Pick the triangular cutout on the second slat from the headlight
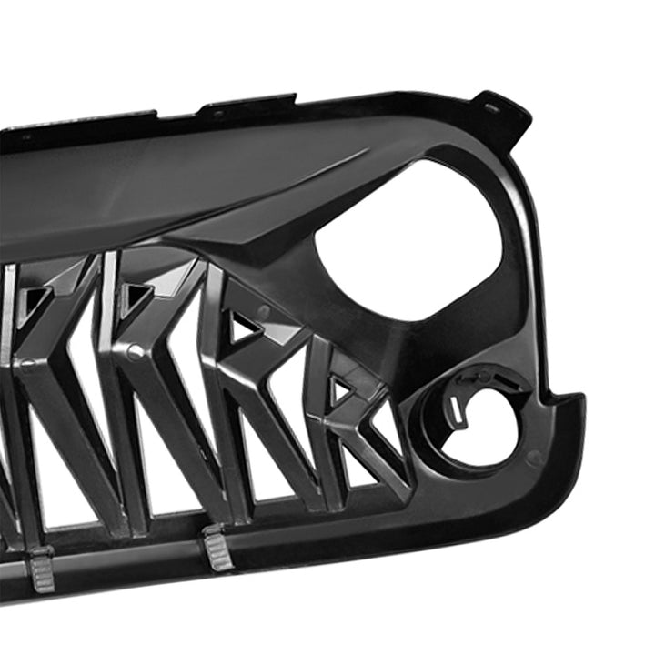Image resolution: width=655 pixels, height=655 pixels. coord(243,325)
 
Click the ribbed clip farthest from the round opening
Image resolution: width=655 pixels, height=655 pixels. coord(41,569)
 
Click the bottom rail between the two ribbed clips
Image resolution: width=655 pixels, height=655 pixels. coord(127,557)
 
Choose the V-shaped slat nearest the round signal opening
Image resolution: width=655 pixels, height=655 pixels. coord(355,428)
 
